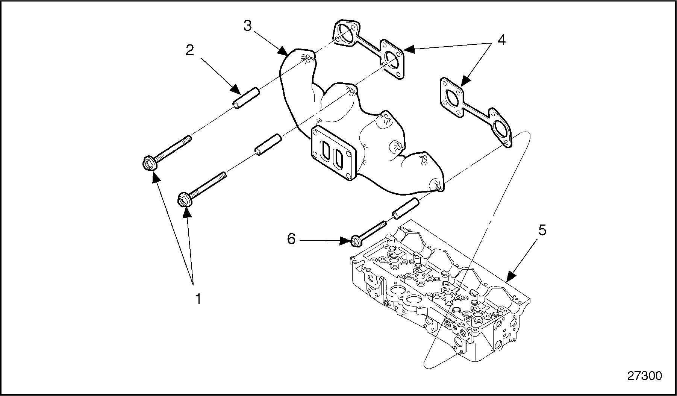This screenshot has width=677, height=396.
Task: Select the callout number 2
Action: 190,50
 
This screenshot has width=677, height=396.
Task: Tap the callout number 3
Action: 247,26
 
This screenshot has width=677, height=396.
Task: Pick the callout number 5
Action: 541,231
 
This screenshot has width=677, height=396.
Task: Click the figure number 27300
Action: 644,376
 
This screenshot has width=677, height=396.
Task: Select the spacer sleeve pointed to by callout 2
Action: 246,98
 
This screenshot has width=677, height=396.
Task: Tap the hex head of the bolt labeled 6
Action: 355,241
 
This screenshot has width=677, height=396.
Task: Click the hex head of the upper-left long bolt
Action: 148,164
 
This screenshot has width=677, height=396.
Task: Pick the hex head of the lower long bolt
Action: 183,200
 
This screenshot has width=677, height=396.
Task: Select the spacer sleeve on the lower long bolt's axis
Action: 268,144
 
